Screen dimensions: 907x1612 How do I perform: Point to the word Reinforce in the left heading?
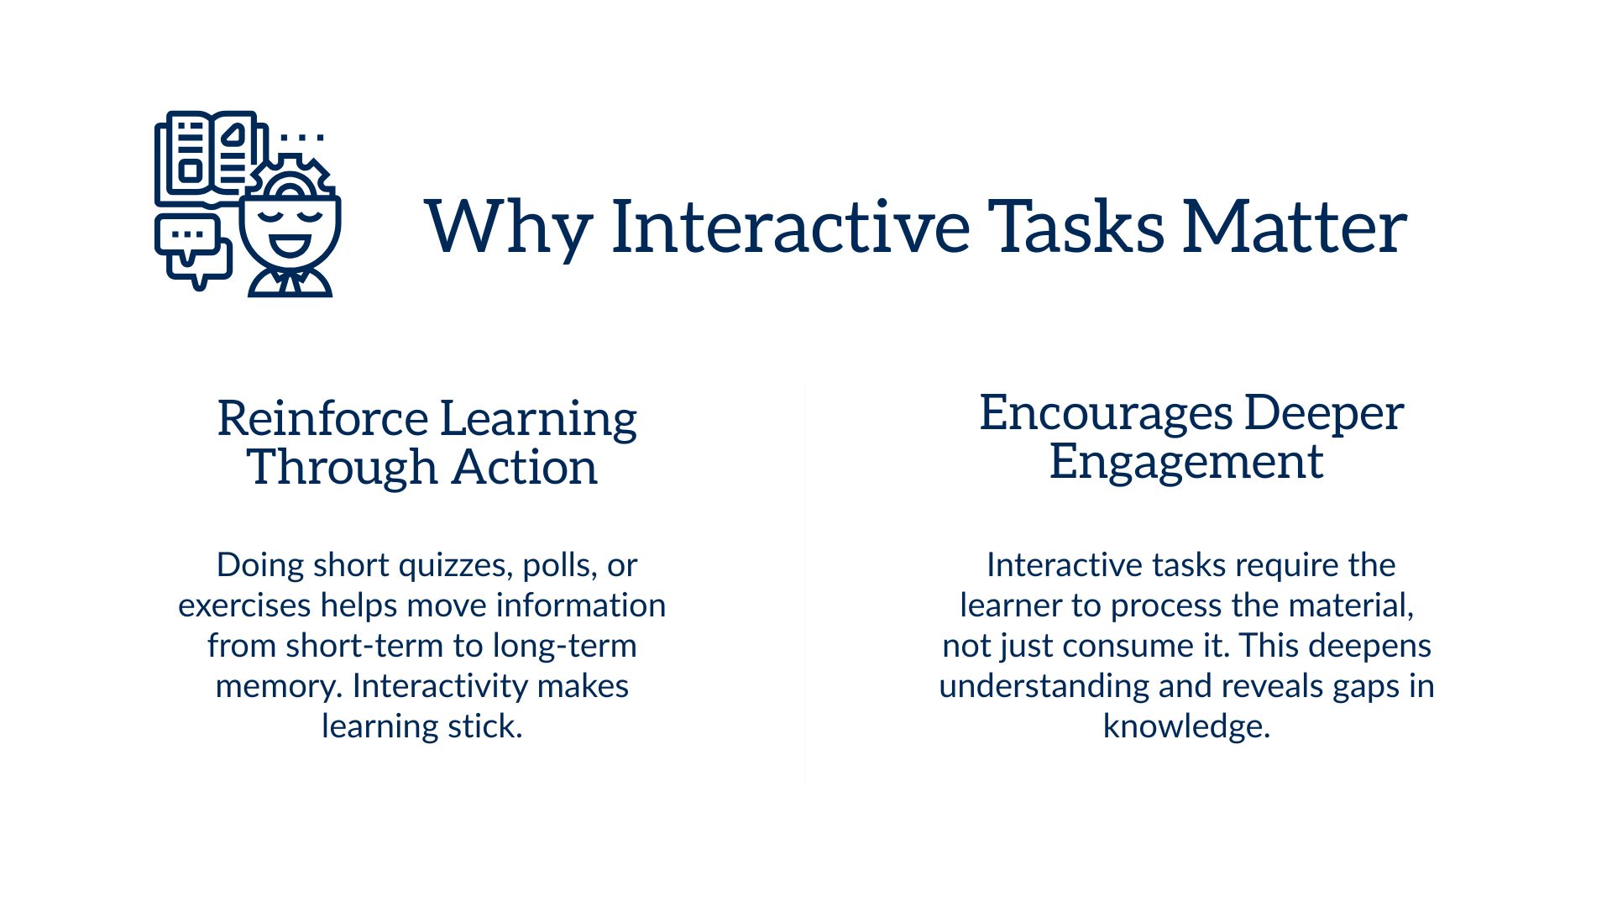pyautogui.click(x=322, y=418)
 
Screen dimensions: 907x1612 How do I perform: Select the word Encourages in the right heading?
pyautogui.click(x=1105, y=412)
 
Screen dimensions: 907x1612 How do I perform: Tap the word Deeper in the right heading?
pyautogui.click(x=1323, y=412)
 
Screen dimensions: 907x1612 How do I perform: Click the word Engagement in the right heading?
pyautogui.click(x=1186, y=461)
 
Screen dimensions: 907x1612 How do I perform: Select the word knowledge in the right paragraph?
pyautogui.click(x=1185, y=726)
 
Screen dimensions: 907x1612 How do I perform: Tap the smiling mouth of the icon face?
pyautogui.click(x=290, y=246)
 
